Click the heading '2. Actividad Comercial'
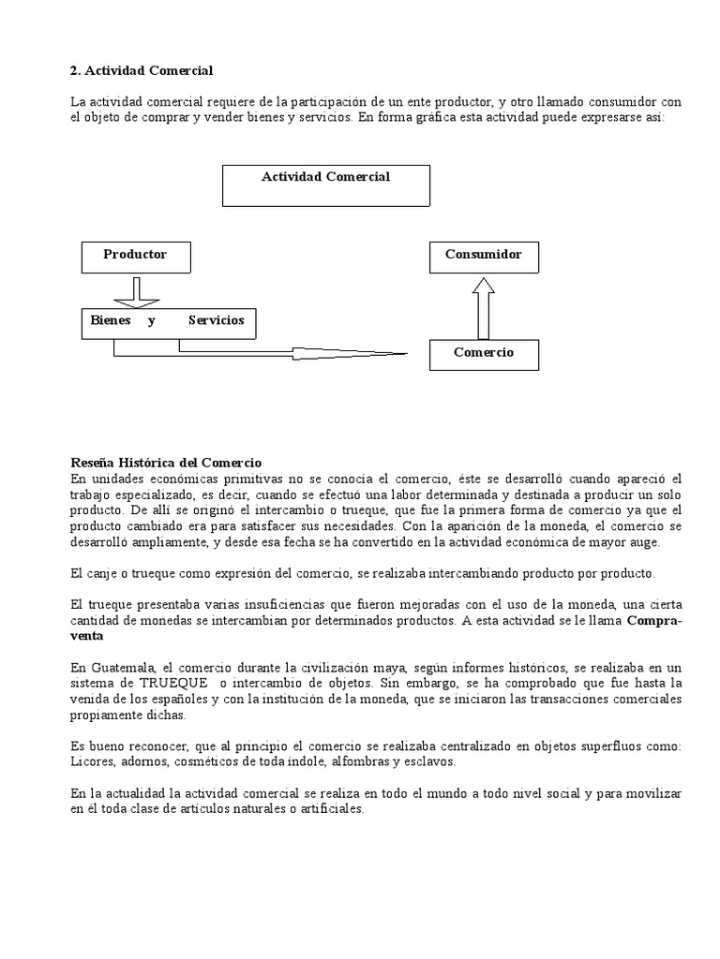tap(142, 70)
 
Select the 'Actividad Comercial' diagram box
tap(325, 185)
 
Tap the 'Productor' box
tap(135, 256)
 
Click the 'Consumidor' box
tap(484, 256)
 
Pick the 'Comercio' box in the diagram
tap(484, 354)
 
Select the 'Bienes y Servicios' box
tap(168, 322)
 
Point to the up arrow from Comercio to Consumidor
tap(484, 306)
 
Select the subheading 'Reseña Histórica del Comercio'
tap(166, 463)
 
